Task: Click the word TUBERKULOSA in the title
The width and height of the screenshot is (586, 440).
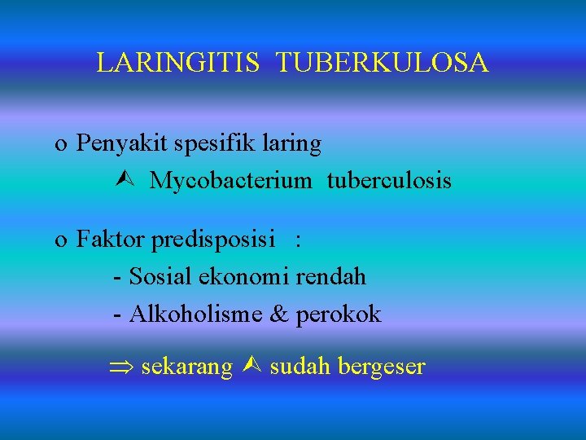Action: pyautogui.click(x=383, y=63)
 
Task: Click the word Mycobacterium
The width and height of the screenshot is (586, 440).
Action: pyautogui.click(x=230, y=180)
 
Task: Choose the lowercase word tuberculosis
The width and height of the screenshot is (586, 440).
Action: pyautogui.click(x=389, y=180)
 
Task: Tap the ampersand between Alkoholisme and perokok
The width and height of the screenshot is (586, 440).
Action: pyautogui.click(x=278, y=314)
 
